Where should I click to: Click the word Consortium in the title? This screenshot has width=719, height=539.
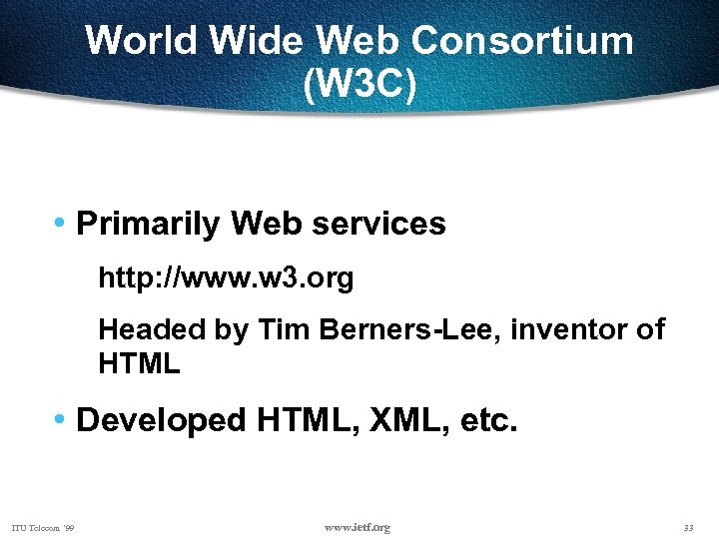click(x=522, y=42)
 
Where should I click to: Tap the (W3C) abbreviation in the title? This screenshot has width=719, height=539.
click(x=359, y=86)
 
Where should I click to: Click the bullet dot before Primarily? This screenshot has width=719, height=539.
click(x=62, y=224)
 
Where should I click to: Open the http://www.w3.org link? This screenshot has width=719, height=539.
click(x=226, y=278)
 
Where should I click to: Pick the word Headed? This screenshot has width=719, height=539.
click(x=152, y=329)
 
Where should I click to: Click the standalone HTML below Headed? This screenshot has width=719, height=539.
click(x=139, y=364)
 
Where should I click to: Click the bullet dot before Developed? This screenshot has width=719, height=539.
click(x=62, y=420)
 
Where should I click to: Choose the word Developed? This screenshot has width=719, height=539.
click(x=161, y=420)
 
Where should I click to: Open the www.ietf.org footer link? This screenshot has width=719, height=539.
click(x=358, y=527)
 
